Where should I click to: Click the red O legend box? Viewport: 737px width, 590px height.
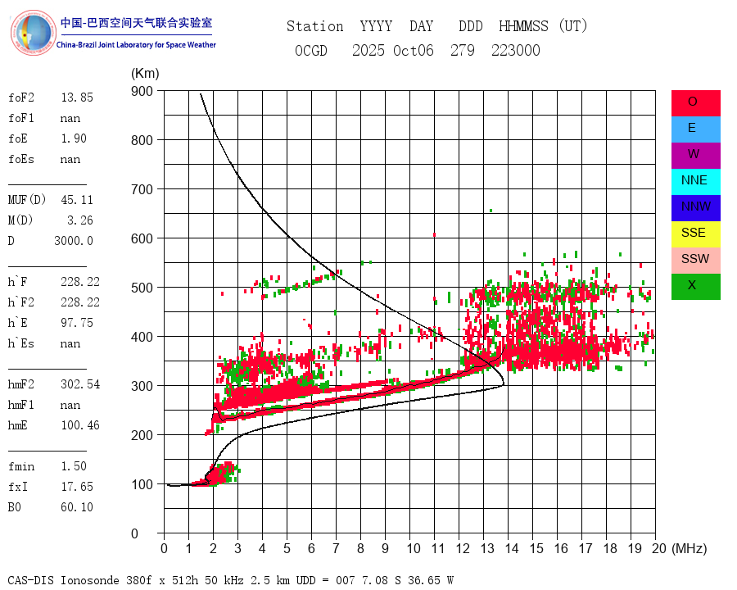[x=695, y=102]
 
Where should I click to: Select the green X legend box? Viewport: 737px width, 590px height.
[x=695, y=286]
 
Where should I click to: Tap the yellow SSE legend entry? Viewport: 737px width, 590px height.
[x=695, y=234]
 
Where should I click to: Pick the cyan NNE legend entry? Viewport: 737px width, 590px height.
[x=695, y=181]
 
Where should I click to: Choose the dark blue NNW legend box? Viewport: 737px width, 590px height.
[x=695, y=207]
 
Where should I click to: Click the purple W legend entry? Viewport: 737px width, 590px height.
[x=695, y=155]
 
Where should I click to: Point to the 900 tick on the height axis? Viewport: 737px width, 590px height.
[x=142, y=91]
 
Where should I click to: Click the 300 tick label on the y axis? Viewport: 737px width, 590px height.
[x=142, y=386]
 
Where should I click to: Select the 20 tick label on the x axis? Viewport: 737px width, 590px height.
[x=654, y=548]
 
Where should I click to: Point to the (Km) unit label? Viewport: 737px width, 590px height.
[x=145, y=74]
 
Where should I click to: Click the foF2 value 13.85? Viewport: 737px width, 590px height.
[x=77, y=98]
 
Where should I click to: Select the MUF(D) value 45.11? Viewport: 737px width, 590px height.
[x=77, y=199]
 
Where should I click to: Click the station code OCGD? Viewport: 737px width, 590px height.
[x=310, y=51]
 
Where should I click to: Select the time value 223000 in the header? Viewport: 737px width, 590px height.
[x=515, y=51]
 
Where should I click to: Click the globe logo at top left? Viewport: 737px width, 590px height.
[x=32, y=33]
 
